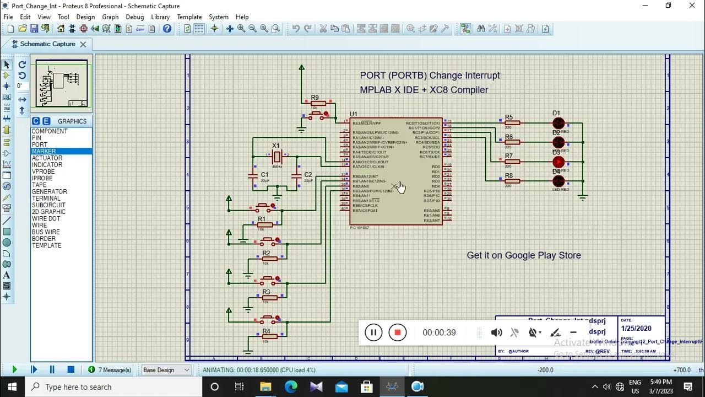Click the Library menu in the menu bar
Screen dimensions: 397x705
point(160,17)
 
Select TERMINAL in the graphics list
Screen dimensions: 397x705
point(46,198)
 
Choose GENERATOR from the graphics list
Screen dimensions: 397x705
point(49,192)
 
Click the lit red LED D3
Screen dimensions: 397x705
point(558,162)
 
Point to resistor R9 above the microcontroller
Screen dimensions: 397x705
point(318,103)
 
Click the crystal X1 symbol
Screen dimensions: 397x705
point(276,157)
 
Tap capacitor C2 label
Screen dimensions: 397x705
point(308,175)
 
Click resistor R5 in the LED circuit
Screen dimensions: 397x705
point(512,123)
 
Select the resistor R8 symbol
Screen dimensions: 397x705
point(512,181)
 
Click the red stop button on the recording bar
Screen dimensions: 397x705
point(397,332)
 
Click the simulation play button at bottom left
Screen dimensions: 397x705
point(14,370)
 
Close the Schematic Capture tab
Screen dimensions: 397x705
point(83,44)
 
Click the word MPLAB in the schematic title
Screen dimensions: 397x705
point(375,90)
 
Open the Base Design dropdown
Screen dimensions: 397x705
point(166,370)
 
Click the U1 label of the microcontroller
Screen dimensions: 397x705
point(354,115)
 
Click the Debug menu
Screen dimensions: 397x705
point(134,17)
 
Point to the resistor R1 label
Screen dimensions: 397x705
point(262,219)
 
